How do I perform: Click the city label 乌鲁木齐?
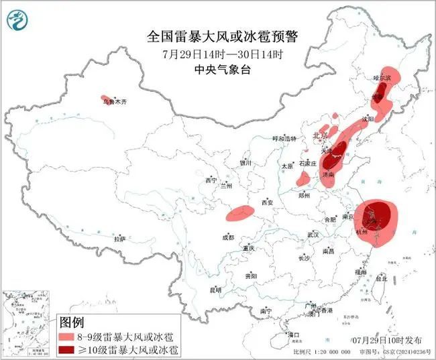click(x=114, y=103)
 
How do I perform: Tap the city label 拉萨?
click(x=119, y=239)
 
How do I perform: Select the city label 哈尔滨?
click(x=382, y=78)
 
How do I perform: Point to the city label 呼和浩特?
click(x=284, y=138)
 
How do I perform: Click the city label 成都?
click(x=228, y=237)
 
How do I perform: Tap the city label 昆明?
click(x=215, y=290)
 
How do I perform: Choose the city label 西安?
click(x=269, y=202)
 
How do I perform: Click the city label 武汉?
click(x=313, y=235)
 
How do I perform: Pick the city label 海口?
click(x=292, y=333)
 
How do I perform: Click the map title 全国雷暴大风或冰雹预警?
click(x=217, y=35)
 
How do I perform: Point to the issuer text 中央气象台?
click(x=217, y=68)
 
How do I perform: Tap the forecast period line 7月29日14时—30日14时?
click(x=217, y=52)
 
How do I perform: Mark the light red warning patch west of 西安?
click(x=239, y=214)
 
